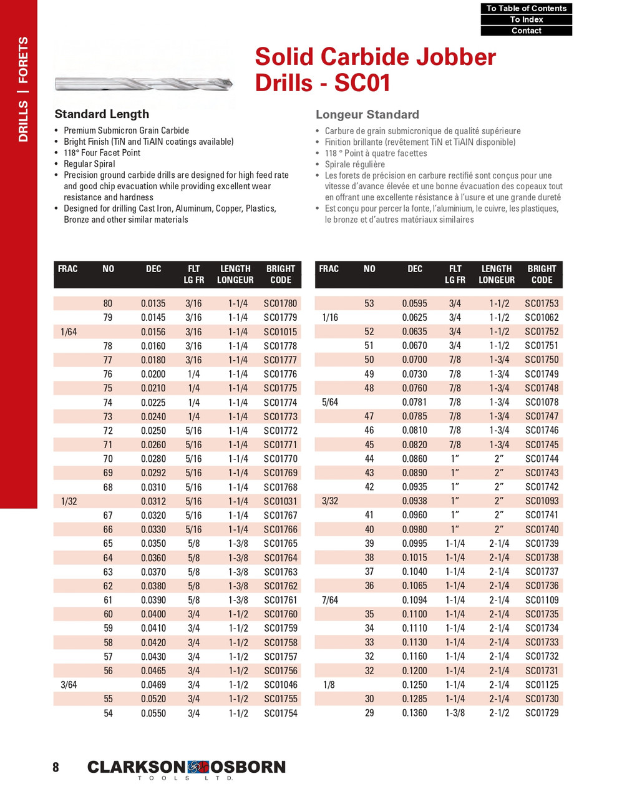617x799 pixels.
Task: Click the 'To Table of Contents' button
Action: [x=526, y=8]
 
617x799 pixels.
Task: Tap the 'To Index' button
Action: [x=526, y=19]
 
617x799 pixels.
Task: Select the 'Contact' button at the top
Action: [x=526, y=31]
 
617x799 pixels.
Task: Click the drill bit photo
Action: [x=143, y=83]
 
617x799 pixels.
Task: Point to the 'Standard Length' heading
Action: [x=102, y=114]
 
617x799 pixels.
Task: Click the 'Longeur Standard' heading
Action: [x=367, y=115]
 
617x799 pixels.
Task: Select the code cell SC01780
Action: [x=280, y=303]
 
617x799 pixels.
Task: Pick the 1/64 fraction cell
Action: [x=69, y=332]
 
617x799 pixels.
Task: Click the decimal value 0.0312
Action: [x=153, y=501]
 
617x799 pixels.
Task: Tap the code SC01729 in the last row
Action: [x=542, y=713]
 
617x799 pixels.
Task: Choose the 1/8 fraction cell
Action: [x=329, y=685]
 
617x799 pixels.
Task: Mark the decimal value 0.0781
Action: [x=414, y=402]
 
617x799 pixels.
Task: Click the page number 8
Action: [x=56, y=768]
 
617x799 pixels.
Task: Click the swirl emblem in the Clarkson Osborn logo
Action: [x=198, y=767]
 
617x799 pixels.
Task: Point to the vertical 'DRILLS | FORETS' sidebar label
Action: [x=23, y=89]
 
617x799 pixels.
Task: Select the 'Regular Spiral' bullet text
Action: [x=89, y=164]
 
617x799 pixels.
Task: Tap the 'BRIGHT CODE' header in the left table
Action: [x=280, y=274]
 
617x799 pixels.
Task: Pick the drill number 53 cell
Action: [x=369, y=303]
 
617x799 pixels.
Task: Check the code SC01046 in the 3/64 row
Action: [x=280, y=685]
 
